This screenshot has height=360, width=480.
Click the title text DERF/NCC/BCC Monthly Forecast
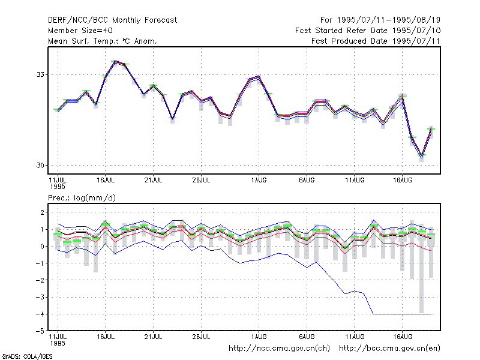coord(112,20)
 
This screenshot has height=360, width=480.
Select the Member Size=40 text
coord(80,31)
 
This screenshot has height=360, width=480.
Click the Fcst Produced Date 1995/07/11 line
coord(376,41)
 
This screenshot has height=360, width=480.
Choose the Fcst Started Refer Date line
coord(368,31)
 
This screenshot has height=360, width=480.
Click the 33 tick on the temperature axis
coord(40,74)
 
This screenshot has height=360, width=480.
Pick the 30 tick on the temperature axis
coord(40,166)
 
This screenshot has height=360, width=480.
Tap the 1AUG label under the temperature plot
coord(259,180)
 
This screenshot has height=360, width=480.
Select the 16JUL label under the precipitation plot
coord(106,337)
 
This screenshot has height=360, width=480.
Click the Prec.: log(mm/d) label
coord(82,198)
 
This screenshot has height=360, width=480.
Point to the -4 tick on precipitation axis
coord(40,314)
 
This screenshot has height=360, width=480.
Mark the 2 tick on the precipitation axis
coord(42,212)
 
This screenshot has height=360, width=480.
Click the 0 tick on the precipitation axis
coord(42,246)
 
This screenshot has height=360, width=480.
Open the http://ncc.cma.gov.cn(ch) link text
coord(279,349)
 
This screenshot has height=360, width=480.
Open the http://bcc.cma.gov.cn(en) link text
coord(389,349)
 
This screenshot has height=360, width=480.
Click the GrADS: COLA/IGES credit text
coord(27,356)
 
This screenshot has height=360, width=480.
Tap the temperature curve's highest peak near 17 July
coord(115,62)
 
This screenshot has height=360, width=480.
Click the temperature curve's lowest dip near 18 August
coord(422,156)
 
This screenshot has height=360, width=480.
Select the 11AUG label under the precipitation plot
coord(355,337)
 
